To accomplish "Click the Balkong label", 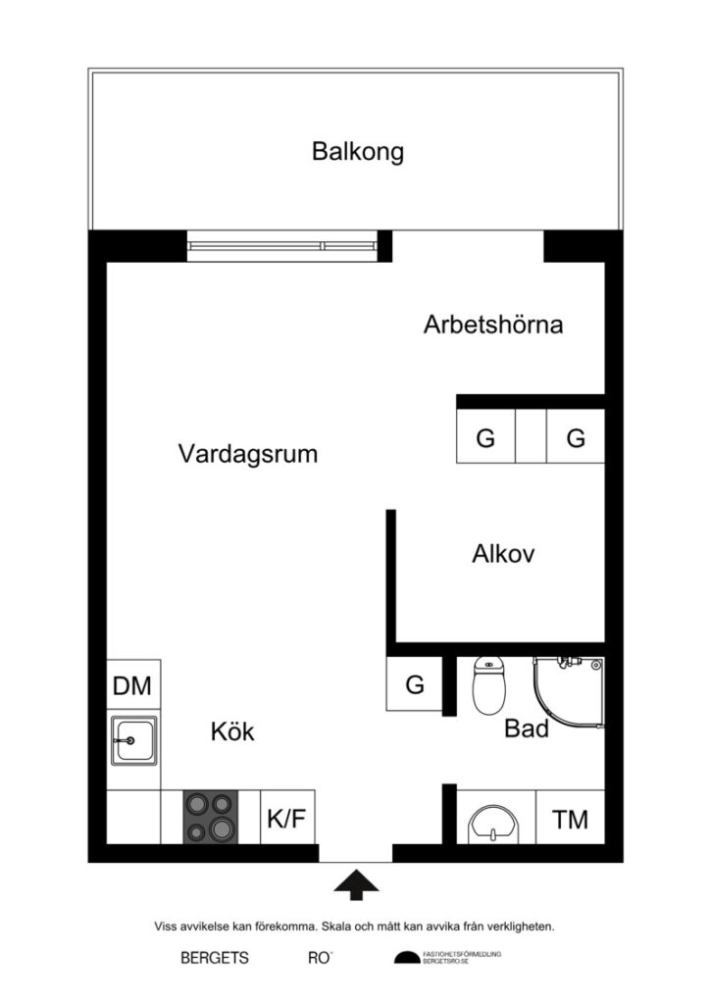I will tap(358, 152).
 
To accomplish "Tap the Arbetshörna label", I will tap(493, 325).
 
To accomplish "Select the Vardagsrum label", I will tap(248, 454).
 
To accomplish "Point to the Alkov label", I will tap(503, 554).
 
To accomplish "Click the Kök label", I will tap(232, 731).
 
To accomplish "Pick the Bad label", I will tap(527, 728).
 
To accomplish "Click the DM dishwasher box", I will tap(132, 686).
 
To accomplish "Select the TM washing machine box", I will tap(570, 818).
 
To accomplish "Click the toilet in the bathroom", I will tap(487, 685).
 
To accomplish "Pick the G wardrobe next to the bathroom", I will tap(415, 685).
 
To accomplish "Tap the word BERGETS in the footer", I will tap(215, 958).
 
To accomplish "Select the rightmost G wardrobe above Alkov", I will tap(576, 437).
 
